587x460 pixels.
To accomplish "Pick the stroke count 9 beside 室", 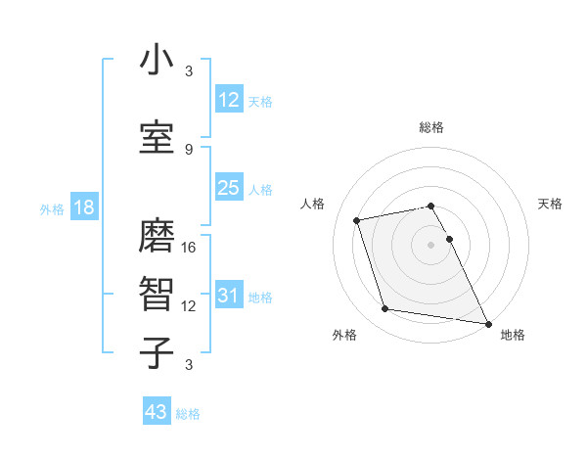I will pyautogui.click(x=189, y=149).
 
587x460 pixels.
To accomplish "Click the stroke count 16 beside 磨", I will pyautogui.click(x=190, y=248).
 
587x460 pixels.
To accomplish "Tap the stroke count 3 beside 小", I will pyautogui.click(x=189, y=71).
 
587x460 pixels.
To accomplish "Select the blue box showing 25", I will pyautogui.click(x=228, y=188).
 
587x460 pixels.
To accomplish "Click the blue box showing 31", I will pyautogui.click(x=228, y=296).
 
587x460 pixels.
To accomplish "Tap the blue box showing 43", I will pyautogui.click(x=157, y=412).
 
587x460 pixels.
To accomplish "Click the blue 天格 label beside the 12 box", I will pyautogui.click(x=260, y=102).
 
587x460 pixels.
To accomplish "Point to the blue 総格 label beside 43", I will pyautogui.click(x=188, y=414).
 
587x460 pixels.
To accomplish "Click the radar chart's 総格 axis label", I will pyautogui.click(x=431, y=127).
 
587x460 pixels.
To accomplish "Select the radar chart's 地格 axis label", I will pyautogui.click(x=513, y=335).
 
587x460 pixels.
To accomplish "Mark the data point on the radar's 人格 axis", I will pyautogui.click(x=357, y=219).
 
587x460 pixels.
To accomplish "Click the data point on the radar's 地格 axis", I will pyautogui.click(x=487, y=323).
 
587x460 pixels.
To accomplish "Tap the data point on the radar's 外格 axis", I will pyautogui.click(x=385, y=309).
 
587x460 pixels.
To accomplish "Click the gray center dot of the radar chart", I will pyautogui.click(x=431, y=245).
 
